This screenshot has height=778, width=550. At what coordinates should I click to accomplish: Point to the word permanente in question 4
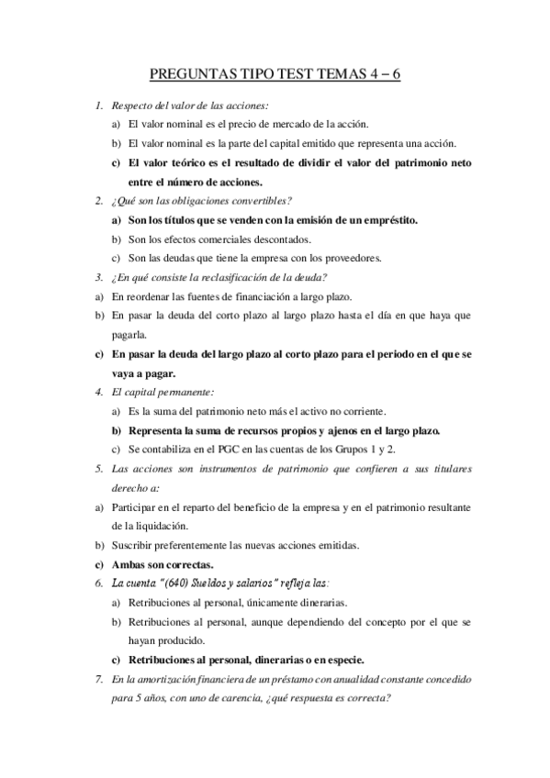pyautogui.click(x=187, y=392)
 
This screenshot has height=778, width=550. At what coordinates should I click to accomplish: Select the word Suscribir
pyautogui.click(x=139, y=545)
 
